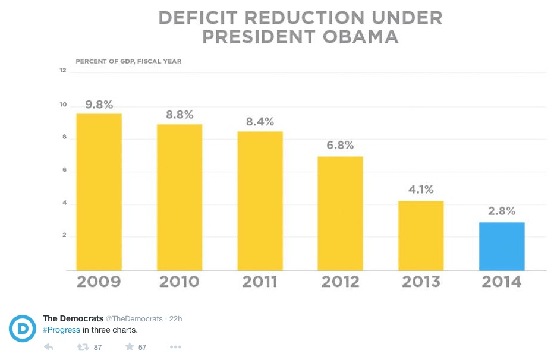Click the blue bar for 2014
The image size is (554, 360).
click(502, 246)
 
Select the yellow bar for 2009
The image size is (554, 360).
click(99, 192)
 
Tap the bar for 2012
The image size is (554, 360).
click(341, 213)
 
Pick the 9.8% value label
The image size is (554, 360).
click(99, 105)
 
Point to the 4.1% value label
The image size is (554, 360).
click(421, 191)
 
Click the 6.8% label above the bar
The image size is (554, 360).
click(341, 146)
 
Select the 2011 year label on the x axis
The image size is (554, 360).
click(260, 282)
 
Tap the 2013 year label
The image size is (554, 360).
click(421, 282)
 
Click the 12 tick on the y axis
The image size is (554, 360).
click(62, 71)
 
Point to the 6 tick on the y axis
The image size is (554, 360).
click(64, 171)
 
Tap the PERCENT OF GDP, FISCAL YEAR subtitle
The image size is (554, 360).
click(128, 61)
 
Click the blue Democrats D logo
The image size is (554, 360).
click(21, 327)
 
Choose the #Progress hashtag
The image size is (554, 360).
click(61, 330)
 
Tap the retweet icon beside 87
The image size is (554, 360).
click(83, 347)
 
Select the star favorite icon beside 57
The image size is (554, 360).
click(129, 347)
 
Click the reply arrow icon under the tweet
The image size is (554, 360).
click(49, 347)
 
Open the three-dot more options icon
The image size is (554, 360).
click(175, 347)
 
